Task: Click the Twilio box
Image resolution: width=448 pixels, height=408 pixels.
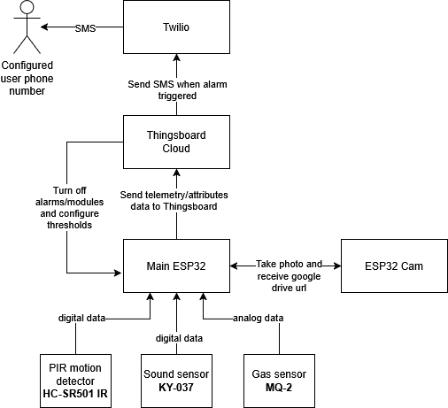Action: click(176, 27)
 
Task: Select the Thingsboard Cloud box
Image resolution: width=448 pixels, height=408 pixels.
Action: click(176, 142)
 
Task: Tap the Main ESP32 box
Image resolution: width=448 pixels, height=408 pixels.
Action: click(176, 266)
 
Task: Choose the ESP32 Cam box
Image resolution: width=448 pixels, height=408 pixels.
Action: click(394, 266)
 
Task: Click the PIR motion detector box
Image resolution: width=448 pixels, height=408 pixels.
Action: click(75, 381)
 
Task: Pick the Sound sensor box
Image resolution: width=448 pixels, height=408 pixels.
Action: click(176, 381)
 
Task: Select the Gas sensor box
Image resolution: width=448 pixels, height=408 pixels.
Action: click(280, 381)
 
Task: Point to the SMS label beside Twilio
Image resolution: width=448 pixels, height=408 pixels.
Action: click(85, 28)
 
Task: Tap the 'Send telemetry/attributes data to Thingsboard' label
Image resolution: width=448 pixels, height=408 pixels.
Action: click(174, 199)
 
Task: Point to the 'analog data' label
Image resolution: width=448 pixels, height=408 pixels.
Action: click(258, 318)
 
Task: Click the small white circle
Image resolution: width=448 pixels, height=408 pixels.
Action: click(27, 8)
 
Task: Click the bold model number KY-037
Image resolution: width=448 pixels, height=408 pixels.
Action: click(176, 387)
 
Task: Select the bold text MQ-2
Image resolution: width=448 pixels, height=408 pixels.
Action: click(280, 387)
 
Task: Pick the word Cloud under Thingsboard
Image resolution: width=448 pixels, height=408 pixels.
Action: click(176, 148)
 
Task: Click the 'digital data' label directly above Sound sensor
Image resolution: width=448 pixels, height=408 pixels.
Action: click(179, 337)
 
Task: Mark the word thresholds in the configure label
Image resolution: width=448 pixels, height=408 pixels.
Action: click(69, 225)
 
